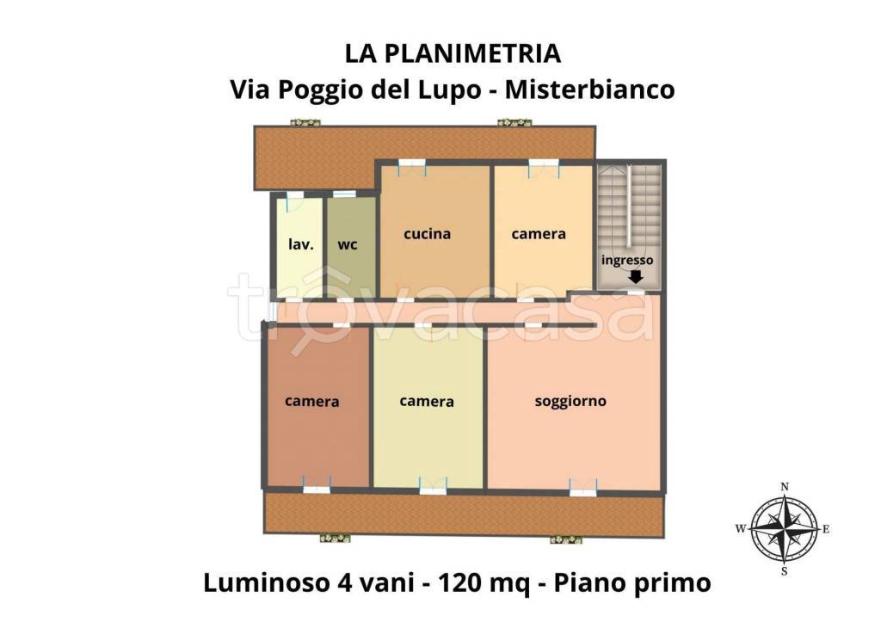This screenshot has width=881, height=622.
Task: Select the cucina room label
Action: (428, 233)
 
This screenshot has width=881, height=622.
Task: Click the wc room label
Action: (348, 243)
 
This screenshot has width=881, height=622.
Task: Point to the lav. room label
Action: (300, 243)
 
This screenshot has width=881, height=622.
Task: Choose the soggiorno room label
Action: (570, 401)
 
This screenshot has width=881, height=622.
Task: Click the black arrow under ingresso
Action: (636, 277)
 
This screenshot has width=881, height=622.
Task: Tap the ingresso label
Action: (627, 260)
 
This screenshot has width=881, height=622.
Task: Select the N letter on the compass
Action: (785, 487)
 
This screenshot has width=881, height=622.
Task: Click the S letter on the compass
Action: (785, 571)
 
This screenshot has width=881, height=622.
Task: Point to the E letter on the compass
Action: (826, 529)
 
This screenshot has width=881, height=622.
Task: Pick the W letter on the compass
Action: (740, 529)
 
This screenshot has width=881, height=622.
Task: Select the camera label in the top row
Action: (539, 233)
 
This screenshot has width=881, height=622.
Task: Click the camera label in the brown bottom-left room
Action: (311, 401)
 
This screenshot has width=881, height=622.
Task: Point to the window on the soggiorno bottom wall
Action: (583, 491)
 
